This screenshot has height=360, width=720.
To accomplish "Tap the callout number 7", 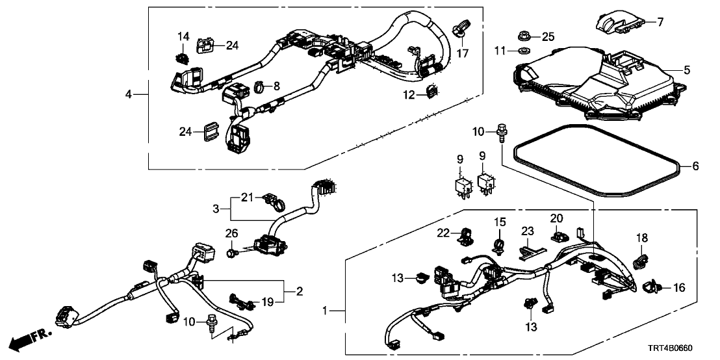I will (x=660, y=22).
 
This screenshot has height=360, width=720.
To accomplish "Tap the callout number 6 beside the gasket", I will (x=694, y=166).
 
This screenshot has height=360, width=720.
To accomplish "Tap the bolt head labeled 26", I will (x=231, y=250).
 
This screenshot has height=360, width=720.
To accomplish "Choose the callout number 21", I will (x=246, y=197).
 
